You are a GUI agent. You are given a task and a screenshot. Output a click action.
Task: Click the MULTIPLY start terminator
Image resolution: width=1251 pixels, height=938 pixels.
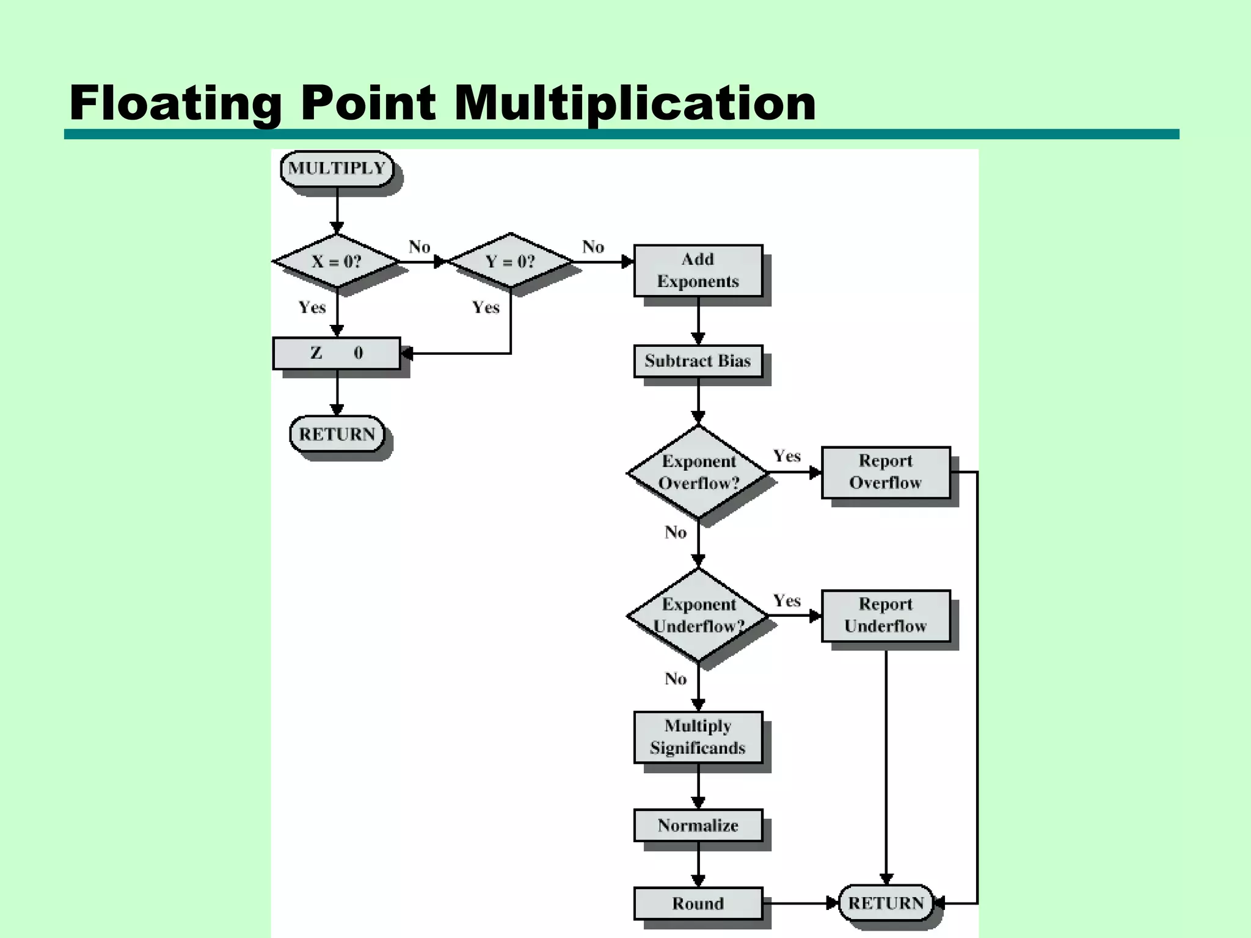[337, 169]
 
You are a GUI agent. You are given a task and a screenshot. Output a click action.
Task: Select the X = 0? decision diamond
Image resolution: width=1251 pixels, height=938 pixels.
[337, 261]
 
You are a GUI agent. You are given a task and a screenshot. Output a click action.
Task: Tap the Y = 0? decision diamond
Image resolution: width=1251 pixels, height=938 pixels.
[510, 261]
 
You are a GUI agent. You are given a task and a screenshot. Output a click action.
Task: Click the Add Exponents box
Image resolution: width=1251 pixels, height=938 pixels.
[698, 271]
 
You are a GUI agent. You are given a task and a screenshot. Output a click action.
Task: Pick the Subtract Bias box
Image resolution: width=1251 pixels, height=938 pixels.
[698, 361]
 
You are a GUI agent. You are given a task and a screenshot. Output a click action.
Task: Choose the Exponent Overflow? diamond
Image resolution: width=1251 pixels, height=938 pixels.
[698, 472]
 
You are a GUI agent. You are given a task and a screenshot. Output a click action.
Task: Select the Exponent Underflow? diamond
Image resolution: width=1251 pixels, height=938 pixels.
[698, 615]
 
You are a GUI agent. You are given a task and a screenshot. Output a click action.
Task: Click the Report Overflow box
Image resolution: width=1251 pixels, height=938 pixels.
[886, 472]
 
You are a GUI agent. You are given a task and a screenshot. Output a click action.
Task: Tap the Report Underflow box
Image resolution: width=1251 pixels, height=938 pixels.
[886, 615]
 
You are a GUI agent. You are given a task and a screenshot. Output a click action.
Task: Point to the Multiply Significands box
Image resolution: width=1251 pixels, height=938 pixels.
[698, 737]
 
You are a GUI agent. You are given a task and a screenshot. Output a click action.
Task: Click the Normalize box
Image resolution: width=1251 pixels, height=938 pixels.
[698, 826]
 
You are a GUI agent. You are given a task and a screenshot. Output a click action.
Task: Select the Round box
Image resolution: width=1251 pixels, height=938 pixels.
[698, 903]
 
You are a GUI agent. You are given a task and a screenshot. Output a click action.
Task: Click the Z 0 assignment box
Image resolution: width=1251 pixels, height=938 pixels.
[337, 353]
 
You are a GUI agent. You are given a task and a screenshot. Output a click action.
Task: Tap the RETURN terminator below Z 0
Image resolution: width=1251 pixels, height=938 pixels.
[337, 434]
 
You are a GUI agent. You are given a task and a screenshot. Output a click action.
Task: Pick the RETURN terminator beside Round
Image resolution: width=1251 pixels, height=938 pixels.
[886, 903]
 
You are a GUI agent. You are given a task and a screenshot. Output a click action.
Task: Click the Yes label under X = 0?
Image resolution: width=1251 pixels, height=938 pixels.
[312, 307]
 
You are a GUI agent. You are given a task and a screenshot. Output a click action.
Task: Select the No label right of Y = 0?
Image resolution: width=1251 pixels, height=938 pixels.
[593, 247]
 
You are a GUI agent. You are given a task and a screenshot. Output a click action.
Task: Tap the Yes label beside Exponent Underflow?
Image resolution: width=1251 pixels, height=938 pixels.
[787, 601]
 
